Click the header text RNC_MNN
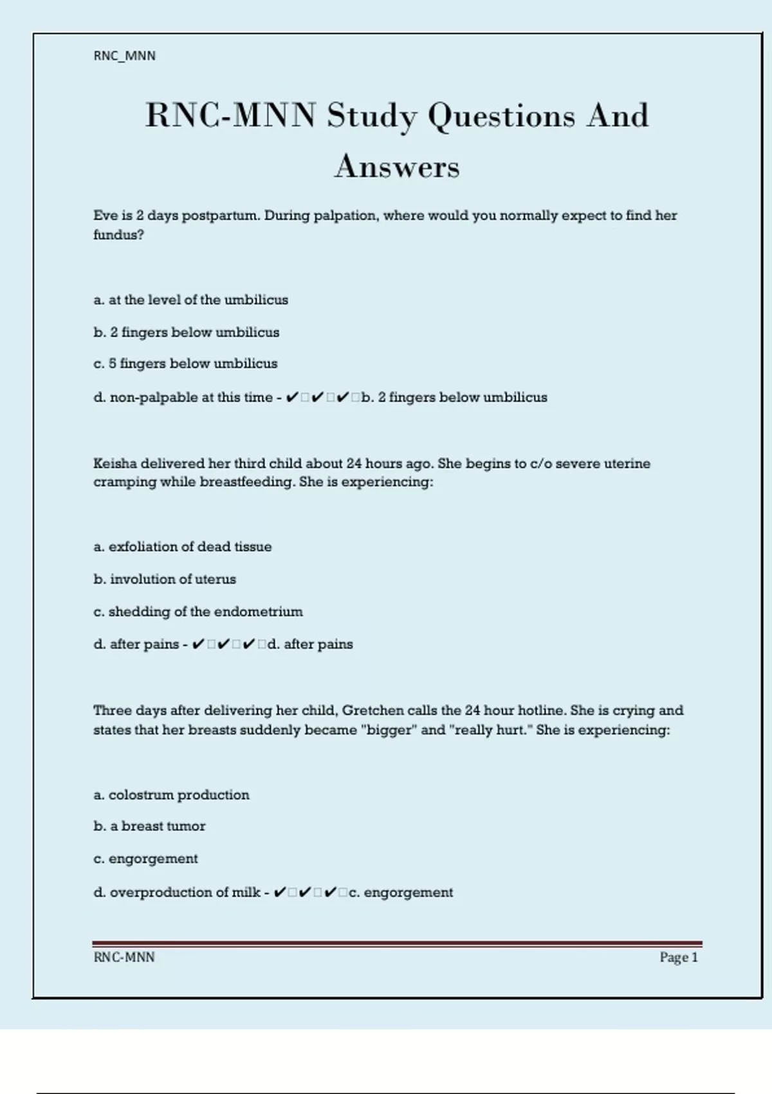(124, 56)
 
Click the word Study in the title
(372, 116)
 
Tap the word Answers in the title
(397, 167)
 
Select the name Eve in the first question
(105, 216)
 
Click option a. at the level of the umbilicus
(190, 300)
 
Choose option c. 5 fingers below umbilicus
(185, 364)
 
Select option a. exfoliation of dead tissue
(183, 547)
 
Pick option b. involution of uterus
(165, 579)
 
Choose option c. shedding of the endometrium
(198, 612)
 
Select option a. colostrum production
(171, 795)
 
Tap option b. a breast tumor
(149, 826)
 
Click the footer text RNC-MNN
(124, 958)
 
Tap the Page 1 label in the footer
(678, 958)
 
